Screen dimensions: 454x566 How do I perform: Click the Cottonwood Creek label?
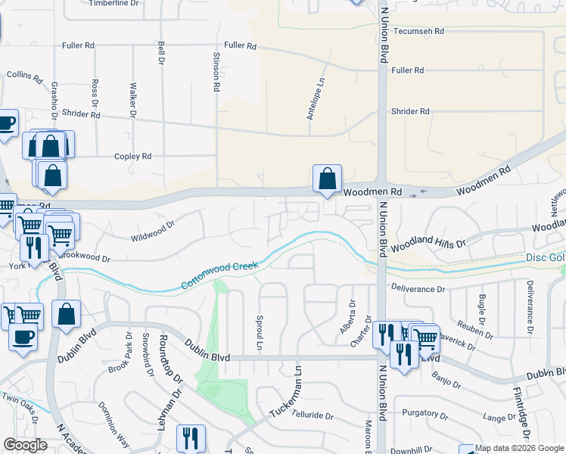(x=220, y=276)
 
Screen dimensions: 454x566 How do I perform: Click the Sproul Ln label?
(x=260, y=333)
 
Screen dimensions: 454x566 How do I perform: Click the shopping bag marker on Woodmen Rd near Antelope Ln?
(x=327, y=179)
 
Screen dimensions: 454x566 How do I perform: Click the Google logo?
(x=25, y=445)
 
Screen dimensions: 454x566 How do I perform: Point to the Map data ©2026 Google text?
(x=518, y=448)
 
